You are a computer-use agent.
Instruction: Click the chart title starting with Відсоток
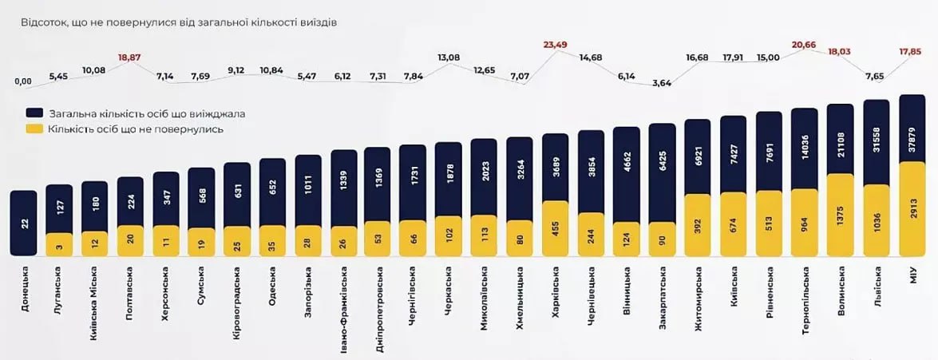click(179, 22)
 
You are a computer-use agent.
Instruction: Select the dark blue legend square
click(34, 113)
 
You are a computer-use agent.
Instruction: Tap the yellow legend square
click(34, 129)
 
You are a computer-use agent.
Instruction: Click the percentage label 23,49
click(555, 45)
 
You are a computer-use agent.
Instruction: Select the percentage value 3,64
click(661, 82)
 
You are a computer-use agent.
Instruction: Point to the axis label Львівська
click(876, 295)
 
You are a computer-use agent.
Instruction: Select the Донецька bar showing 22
click(23, 224)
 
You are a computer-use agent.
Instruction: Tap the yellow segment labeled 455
click(555, 228)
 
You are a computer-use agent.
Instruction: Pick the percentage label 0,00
click(23, 81)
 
